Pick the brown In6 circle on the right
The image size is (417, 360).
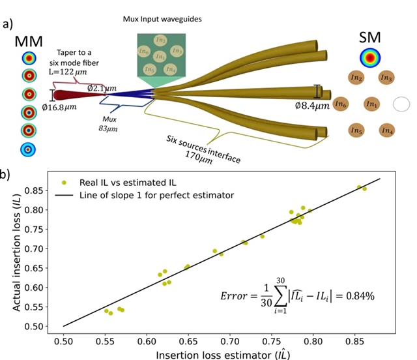point(340,104)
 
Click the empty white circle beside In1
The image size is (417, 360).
point(401,104)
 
